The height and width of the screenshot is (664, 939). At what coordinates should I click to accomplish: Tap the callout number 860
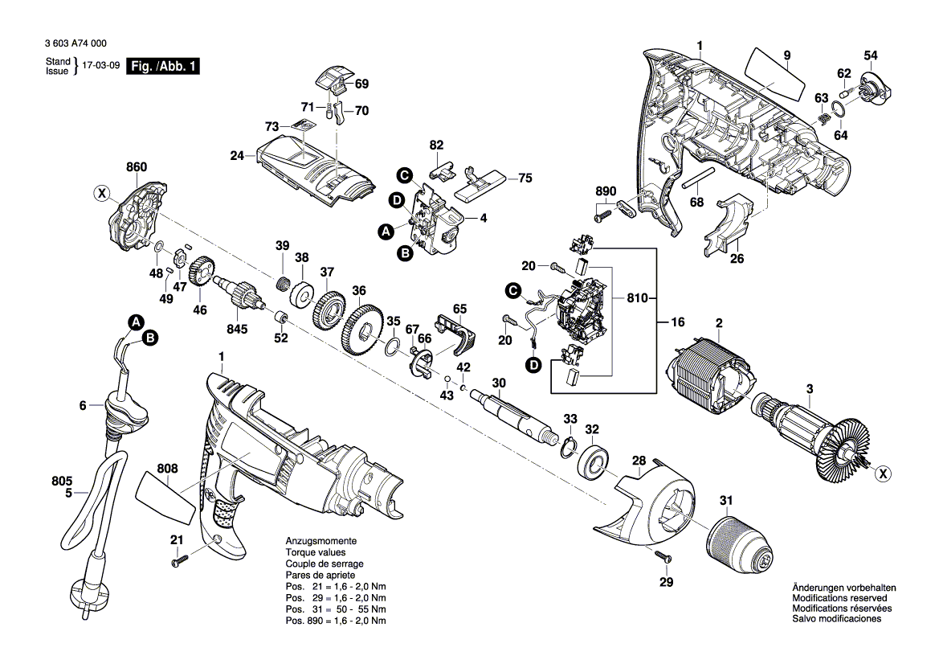coord(137,167)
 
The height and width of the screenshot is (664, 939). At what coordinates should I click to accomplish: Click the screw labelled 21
coord(179,563)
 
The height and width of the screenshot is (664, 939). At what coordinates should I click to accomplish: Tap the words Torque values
coord(316,553)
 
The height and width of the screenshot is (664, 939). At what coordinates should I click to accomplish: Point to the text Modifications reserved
coord(839,598)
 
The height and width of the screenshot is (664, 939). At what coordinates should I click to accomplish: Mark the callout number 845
coord(238,328)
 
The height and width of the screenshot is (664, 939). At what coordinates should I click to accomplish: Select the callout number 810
coord(637,298)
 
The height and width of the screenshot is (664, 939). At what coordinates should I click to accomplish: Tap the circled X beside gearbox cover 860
coord(100,193)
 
